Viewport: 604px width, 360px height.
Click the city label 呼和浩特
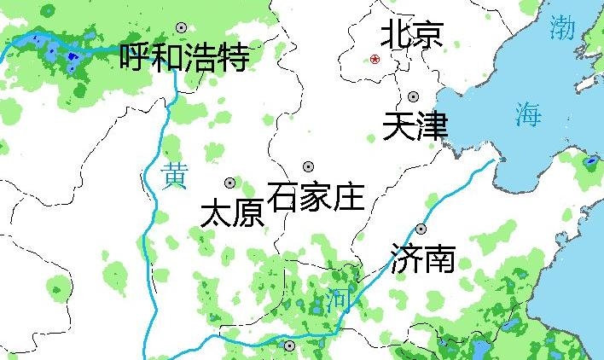point(184,58)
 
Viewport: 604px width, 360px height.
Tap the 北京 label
point(411,35)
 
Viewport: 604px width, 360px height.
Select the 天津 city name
point(415,127)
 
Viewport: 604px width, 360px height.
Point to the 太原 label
point(231,213)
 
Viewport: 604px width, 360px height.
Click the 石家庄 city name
point(316,197)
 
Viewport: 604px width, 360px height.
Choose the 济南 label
point(422,258)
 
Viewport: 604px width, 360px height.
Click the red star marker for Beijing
point(375,59)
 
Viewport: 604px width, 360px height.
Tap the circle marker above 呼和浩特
point(180,28)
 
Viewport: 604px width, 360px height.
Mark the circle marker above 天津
point(414,97)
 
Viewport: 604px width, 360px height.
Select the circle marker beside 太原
point(229,183)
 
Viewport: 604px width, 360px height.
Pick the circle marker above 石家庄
point(308,166)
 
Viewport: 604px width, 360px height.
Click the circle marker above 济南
point(421,229)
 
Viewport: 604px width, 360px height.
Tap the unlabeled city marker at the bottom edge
point(289,345)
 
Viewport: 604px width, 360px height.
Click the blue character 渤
point(563,27)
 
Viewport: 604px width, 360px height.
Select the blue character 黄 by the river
point(174,176)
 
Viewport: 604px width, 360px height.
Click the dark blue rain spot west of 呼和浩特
point(71,57)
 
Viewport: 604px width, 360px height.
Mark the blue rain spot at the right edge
point(589,160)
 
